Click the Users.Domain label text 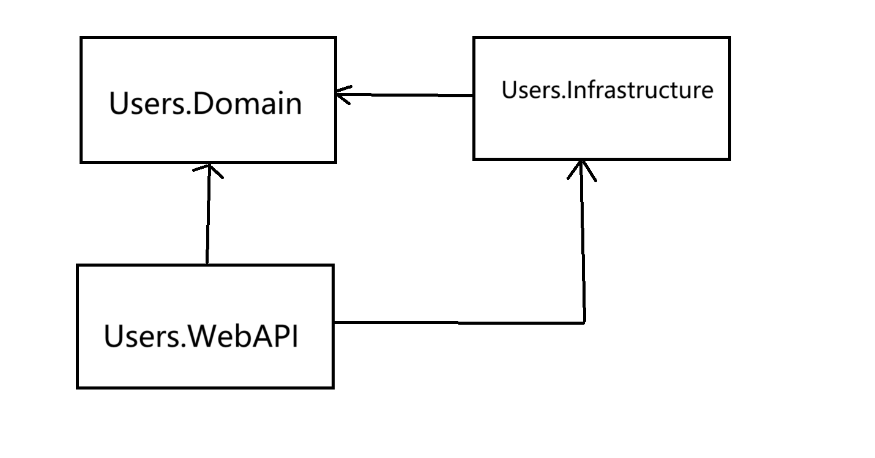pos(206,103)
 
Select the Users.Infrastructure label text pos(608,90)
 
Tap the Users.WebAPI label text pos(201,336)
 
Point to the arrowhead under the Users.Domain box pos(209,171)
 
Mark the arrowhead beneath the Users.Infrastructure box pos(582,171)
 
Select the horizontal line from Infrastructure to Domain pos(404,95)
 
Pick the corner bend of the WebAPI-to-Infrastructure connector pos(584,323)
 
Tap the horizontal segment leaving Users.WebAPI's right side pos(459,322)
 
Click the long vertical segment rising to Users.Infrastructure pos(583,242)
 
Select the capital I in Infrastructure pos(568,90)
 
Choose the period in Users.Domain pos(188,112)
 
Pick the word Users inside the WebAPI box pos(143,336)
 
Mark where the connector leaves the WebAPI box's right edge pos(334,322)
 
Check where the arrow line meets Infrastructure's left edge pos(474,95)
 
